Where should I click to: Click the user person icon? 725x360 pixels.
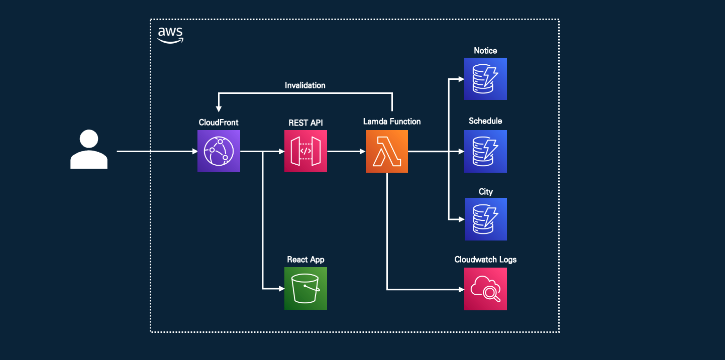89,149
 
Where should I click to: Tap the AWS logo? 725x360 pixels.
170,35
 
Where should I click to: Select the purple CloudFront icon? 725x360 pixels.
219,151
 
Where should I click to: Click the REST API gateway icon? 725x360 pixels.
305,151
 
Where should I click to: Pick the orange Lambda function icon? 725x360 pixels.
387,151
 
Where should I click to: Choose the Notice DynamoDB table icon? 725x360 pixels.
485,79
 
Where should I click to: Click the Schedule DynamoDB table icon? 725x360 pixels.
485,151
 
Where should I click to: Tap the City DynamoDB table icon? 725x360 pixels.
486,219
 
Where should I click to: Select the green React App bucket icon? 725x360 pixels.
305,289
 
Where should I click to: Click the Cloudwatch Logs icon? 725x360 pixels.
485,289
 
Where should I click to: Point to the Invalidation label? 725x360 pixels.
305,85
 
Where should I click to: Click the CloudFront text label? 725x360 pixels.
219,123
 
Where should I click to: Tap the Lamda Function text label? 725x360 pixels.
392,122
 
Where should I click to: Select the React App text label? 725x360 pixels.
305,260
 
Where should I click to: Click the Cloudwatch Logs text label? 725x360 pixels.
485,260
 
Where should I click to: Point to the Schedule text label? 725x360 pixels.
485,121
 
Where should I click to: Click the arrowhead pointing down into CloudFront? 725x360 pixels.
219,109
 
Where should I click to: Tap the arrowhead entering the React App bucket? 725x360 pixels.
281,289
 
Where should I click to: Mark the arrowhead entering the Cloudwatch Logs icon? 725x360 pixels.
461,290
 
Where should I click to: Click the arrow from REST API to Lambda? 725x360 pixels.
346,151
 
